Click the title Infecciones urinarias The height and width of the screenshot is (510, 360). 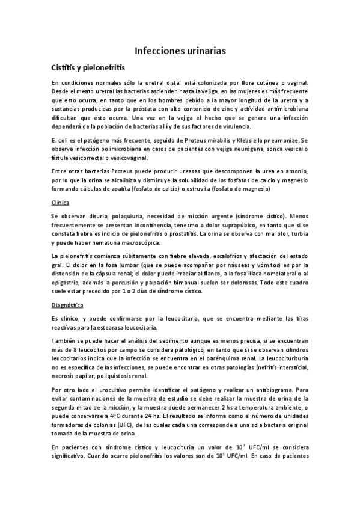(180, 51)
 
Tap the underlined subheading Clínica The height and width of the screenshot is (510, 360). (60, 203)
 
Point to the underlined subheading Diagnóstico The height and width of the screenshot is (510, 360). (67, 306)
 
